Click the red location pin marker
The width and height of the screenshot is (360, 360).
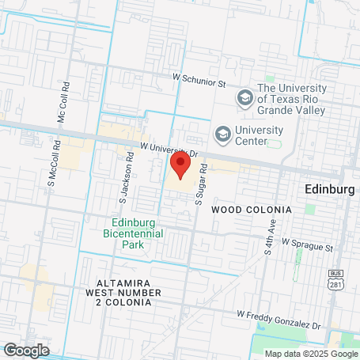pos(180,165)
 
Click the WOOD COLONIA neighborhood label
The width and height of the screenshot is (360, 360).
pos(252,209)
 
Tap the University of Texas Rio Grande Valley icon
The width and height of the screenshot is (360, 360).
pos(245,98)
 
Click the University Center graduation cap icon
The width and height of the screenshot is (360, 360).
pos(223,133)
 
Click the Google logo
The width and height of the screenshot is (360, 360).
pos(26,349)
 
